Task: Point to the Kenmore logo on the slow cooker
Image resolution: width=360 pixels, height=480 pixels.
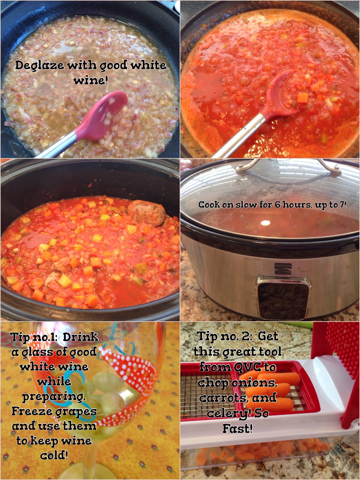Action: pos(283,268)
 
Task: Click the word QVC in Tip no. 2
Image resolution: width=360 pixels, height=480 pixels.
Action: pos(247,367)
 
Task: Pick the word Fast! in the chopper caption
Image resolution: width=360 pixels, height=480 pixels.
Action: pos(238,429)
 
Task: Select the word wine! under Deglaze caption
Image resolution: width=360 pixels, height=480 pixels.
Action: pos(91,81)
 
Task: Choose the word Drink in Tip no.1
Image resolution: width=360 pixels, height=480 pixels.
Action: pos(81,337)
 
